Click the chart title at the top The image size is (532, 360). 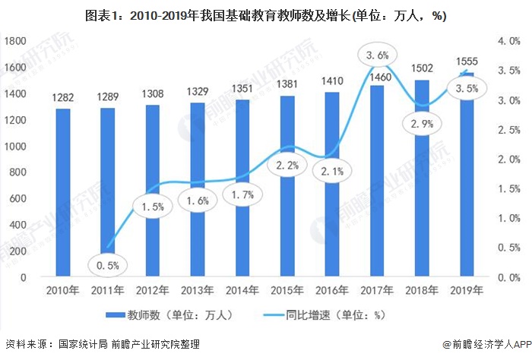click(x=265, y=16)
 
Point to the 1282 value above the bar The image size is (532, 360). click(x=62, y=98)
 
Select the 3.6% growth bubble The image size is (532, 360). click(x=377, y=55)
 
